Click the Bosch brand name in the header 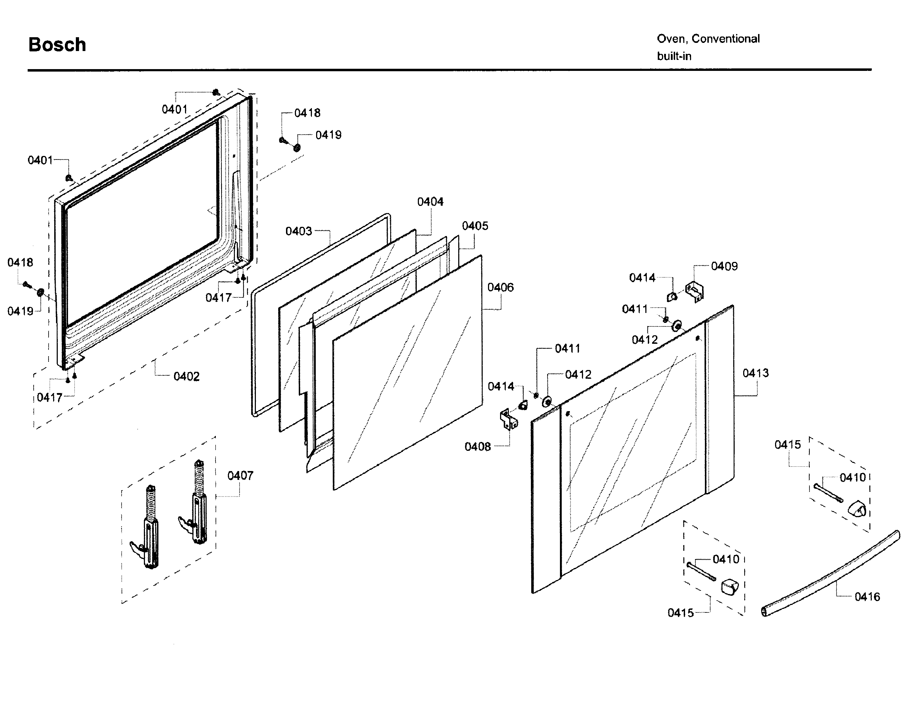click(57, 45)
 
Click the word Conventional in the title click(725, 39)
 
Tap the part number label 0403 click(298, 231)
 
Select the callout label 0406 click(500, 287)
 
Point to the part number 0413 click(756, 373)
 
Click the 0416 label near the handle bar click(867, 597)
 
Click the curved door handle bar click(830, 573)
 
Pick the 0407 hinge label click(240, 476)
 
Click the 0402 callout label click(186, 376)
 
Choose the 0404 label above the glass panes click(430, 202)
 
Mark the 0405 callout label click(475, 226)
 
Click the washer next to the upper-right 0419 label click(297, 147)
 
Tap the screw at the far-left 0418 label click(26, 284)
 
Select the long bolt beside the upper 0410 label click(828, 493)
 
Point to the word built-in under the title click(674, 56)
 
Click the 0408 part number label click(477, 447)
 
